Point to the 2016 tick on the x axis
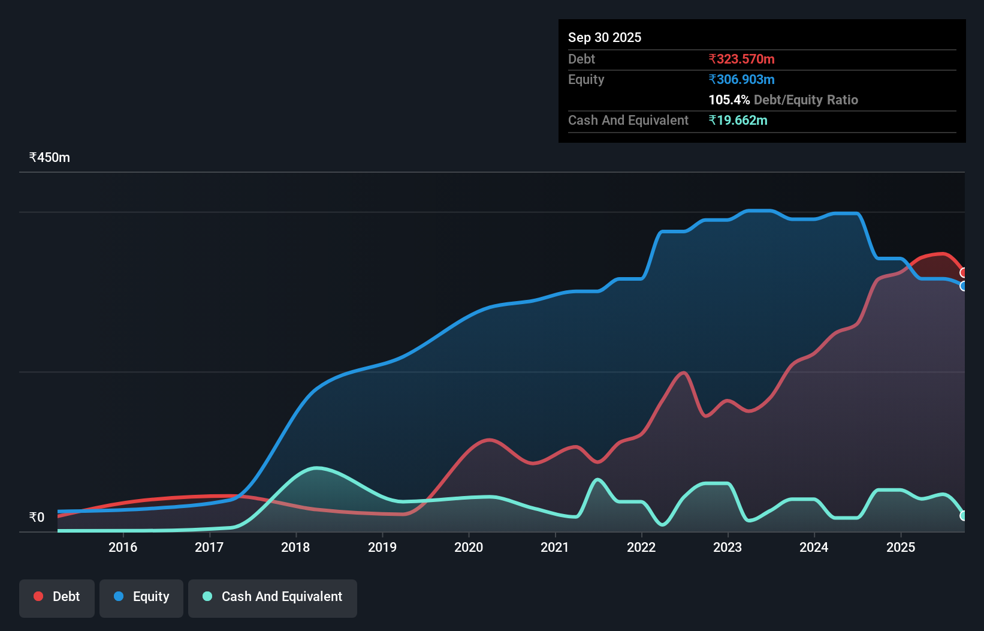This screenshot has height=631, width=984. click(x=123, y=547)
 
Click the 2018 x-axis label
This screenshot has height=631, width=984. click(x=295, y=547)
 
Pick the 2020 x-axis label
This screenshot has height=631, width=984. click(x=469, y=547)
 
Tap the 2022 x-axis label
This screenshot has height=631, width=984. click(x=641, y=547)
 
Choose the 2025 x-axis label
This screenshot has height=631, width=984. click(x=901, y=547)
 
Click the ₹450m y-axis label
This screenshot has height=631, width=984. click(x=50, y=158)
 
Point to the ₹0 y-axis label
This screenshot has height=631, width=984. click(x=37, y=518)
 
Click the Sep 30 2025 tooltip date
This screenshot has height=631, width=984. click(x=605, y=37)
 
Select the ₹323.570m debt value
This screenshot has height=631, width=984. click(x=741, y=59)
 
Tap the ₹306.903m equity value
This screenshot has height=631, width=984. click(x=741, y=79)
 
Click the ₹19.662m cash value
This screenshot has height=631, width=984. click(x=738, y=120)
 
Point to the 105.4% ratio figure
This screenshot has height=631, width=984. click(x=729, y=100)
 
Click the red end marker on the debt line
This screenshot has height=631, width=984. click(x=963, y=273)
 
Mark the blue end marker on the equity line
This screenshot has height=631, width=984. click(x=963, y=286)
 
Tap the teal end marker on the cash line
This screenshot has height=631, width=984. click(x=963, y=516)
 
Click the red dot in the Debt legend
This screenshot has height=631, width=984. click(x=38, y=596)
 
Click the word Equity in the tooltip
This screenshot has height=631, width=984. click(x=586, y=79)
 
